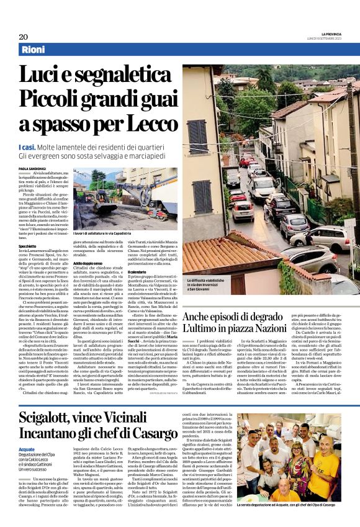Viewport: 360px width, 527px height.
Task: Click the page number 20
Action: pyautogui.click(x=23, y=36)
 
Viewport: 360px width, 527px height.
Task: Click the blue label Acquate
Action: pyautogui.click(x=27, y=448)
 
